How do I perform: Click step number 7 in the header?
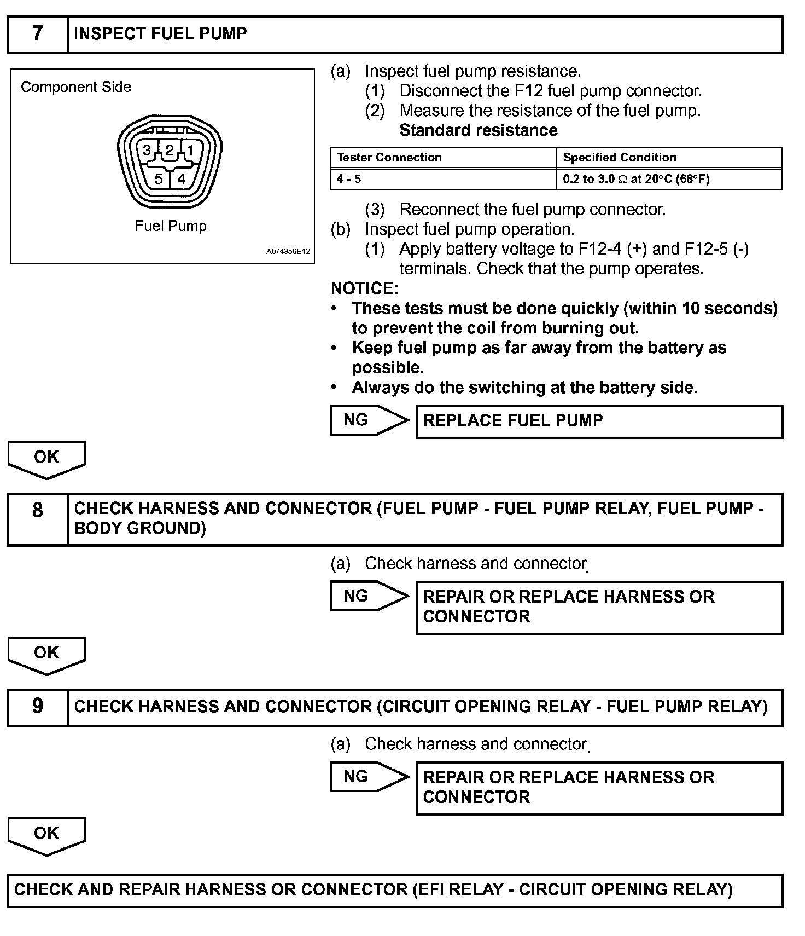37,34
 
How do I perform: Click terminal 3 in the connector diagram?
147,150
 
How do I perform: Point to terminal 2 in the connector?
170,150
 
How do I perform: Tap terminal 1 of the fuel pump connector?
190,150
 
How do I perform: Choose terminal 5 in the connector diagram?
158,178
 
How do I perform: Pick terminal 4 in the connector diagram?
182,178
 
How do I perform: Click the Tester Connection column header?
389,158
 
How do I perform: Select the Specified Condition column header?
620,158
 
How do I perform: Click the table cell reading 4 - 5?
349,180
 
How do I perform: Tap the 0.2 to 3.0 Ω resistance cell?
636,180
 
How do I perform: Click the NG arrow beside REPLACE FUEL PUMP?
369,420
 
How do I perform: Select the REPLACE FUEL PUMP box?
599,421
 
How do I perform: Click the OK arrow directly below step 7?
46,458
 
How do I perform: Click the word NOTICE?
365,288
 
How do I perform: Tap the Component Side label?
76,87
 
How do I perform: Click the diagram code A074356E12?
288,252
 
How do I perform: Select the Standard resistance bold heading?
479,130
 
